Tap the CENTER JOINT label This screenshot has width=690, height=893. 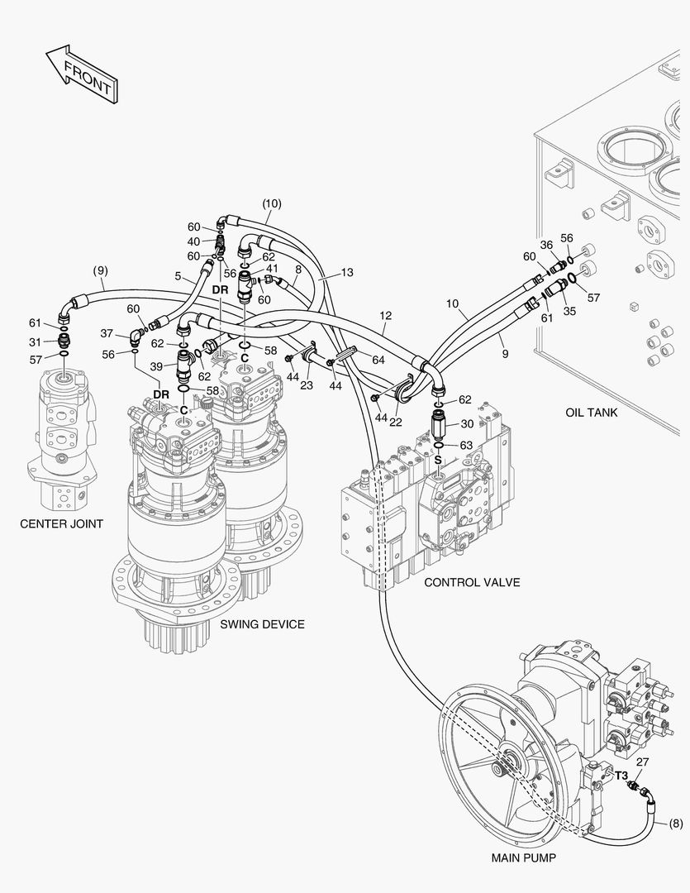click(x=62, y=523)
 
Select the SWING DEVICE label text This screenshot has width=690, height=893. click(x=262, y=624)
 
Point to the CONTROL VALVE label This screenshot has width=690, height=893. click(x=472, y=582)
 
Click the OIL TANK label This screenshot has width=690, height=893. click(x=592, y=412)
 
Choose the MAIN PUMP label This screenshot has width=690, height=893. click(x=523, y=857)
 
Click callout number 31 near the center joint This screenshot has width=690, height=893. click(x=35, y=342)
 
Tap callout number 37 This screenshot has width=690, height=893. click(x=107, y=333)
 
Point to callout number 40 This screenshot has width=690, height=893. click(x=193, y=241)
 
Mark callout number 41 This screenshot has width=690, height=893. click(x=272, y=269)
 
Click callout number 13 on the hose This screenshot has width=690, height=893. click(x=347, y=272)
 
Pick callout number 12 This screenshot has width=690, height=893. click(x=385, y=316)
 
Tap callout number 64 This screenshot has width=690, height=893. click(x=378, y=360)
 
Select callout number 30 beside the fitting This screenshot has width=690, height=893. click(x=467, y=423)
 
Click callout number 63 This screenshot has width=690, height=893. click(x=466, y=446)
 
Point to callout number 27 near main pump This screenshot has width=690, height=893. click(x=642, y=762)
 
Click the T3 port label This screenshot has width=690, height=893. click(x=621, y=776)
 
